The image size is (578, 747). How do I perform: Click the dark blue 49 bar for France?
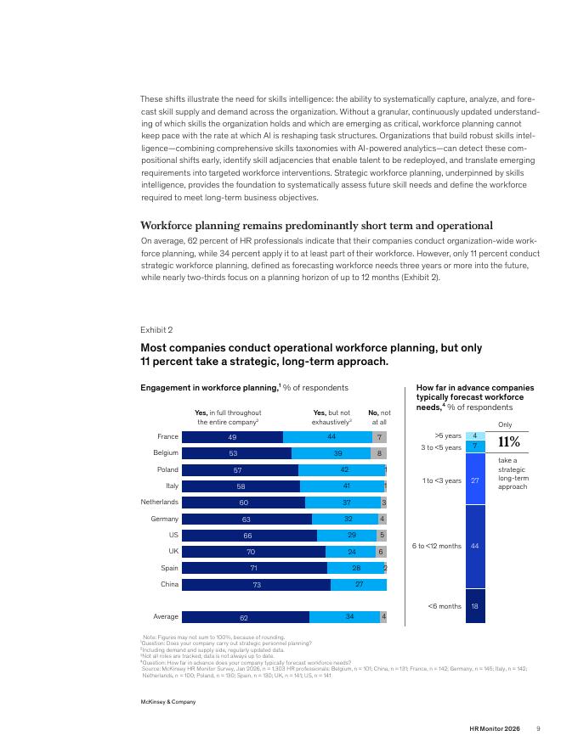[232, 437]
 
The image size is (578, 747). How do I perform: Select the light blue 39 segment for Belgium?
[331, 453]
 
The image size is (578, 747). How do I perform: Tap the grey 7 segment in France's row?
[380, 437]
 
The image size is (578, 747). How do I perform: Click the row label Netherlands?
[159, 503]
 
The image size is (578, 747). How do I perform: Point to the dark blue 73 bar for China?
[256, 585]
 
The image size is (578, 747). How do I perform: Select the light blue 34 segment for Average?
[345, 617]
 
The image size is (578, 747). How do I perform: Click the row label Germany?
[165, 519]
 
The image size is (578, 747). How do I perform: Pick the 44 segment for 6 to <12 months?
[475, 547]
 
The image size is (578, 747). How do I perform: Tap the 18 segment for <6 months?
[475, 606]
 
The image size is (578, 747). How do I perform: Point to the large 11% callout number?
[509, 442]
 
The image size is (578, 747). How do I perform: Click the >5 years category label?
[448, 435]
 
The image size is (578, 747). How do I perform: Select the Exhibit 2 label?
[156, 329]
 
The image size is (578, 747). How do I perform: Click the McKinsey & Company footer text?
[167, 702]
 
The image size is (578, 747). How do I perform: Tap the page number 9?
[538, 728]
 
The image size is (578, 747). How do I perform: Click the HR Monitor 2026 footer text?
[495, 728]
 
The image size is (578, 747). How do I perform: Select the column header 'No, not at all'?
[379, 418]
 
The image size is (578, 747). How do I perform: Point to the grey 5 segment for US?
[382, 536]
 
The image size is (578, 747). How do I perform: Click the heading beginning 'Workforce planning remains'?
[317, 225]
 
